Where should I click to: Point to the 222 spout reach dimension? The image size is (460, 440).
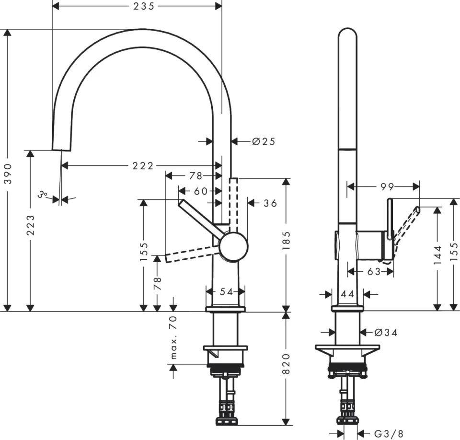[143, 166]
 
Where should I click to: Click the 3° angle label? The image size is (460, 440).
[43, 195]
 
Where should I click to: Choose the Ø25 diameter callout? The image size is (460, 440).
[264, 141]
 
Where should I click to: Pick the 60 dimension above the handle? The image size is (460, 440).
[201, 191]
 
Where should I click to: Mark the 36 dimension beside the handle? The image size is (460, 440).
[270, 203]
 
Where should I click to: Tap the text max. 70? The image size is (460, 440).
[173, 337]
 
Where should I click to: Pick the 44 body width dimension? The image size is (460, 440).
[347, 294]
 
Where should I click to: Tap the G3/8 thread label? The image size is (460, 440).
[388, 434]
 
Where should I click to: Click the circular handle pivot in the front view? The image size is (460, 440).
[233, 246]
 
